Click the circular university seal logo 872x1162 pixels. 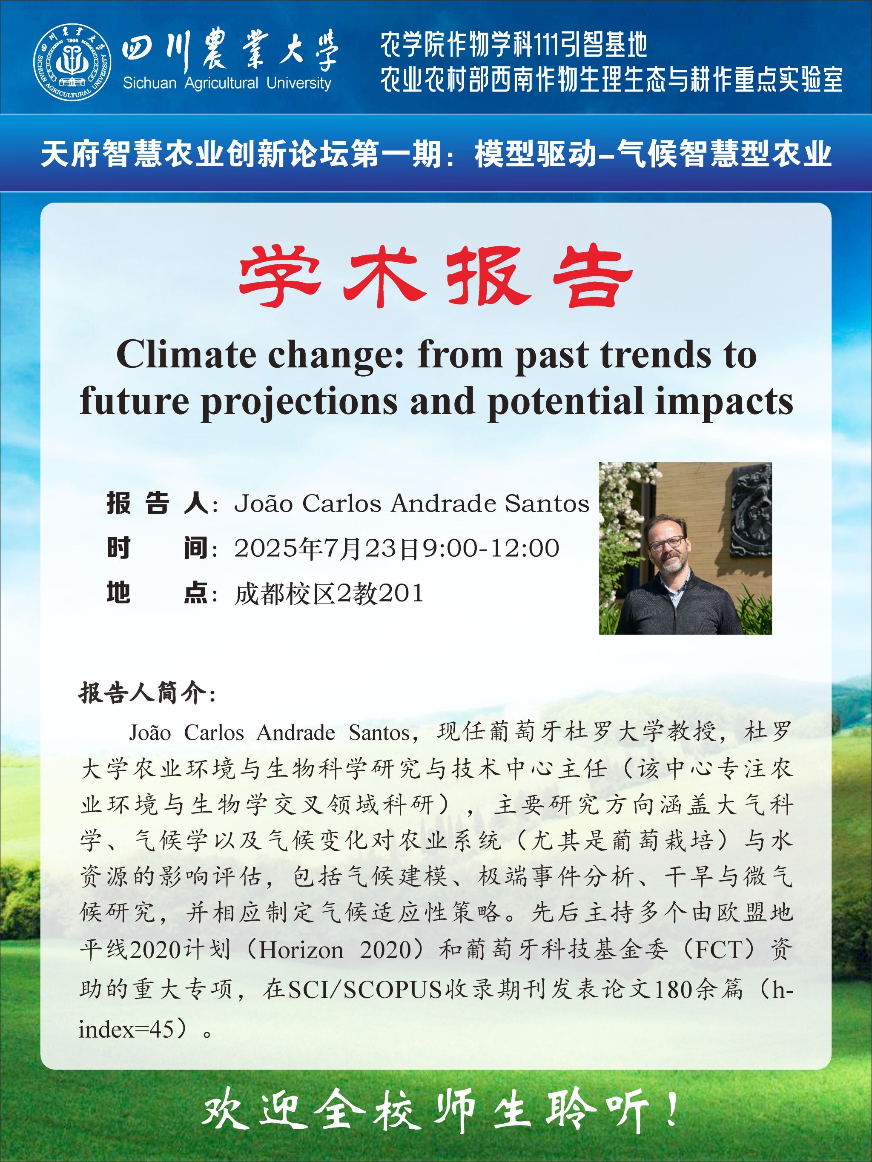[72, 62]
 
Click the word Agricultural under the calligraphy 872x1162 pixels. [221, 83]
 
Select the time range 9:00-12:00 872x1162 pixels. [491, 548]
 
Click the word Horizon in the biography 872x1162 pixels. [301, 950]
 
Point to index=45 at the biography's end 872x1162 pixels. [126, 1030]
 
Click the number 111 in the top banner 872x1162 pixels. [547, 45]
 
